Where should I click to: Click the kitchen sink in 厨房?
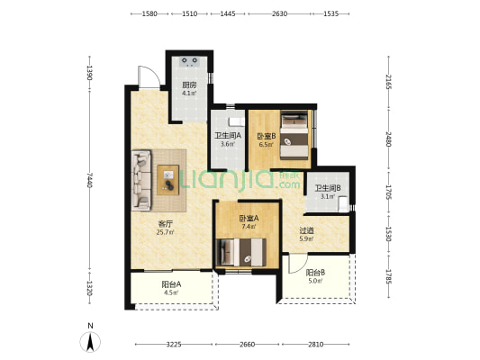[189, 61]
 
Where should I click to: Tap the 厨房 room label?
[189, 85]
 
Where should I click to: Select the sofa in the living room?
[141, 181]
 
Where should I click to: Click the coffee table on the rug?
[168, 180]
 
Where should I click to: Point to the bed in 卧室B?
[294, 135]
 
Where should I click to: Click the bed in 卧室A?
[241, 252]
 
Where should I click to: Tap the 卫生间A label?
[228, 135]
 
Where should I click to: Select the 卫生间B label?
[328, 188]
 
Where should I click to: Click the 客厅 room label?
[166, 224]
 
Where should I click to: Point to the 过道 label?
[306, 230]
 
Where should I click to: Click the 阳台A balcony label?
[171, 284]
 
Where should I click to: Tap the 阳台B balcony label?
[315, 272]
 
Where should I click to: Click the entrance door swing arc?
[154, 72]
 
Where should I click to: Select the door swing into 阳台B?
[302, 266]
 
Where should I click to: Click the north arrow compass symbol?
[90, 342]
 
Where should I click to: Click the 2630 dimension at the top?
[280, 13]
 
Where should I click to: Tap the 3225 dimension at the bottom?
[174, 345]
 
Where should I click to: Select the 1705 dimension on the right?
[388, 193]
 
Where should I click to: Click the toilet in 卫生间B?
[343, 203]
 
